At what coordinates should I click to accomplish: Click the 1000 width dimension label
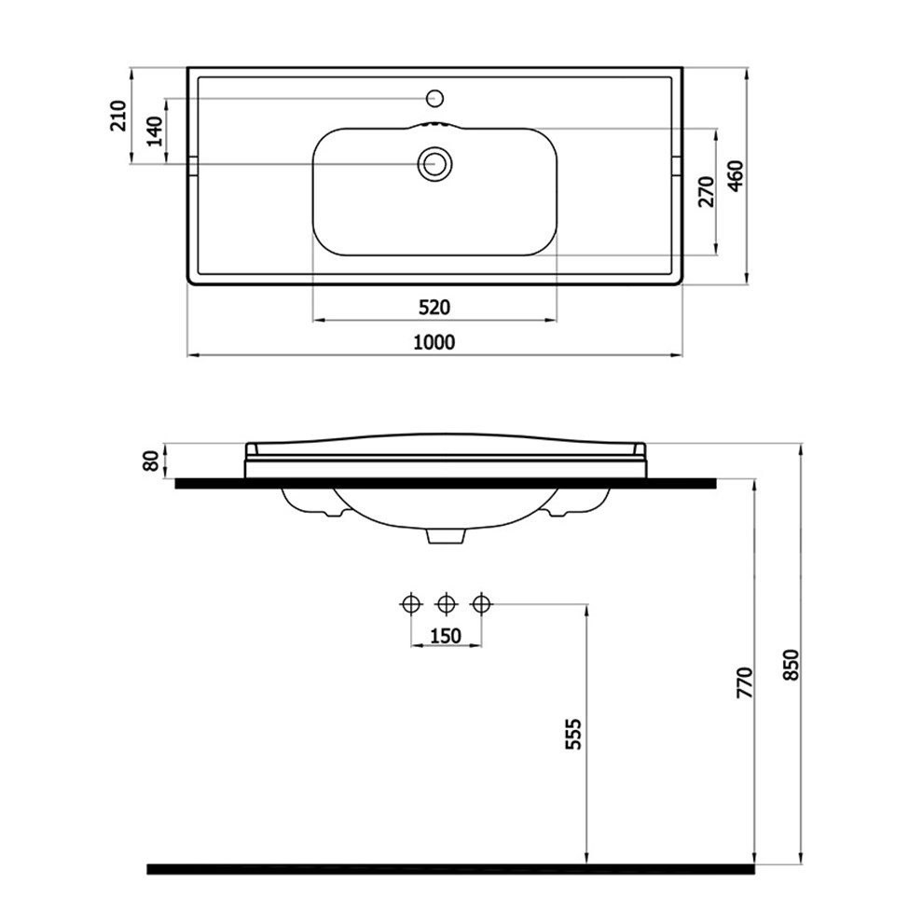434,342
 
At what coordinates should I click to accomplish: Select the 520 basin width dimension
434,307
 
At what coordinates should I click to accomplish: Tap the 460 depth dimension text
736,176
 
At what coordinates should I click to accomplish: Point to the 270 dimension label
707,192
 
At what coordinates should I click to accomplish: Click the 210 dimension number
119,116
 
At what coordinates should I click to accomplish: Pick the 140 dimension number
154,131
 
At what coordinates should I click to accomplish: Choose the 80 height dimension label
151,461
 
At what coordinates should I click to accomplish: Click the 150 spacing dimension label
446,636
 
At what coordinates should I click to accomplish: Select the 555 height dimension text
572,734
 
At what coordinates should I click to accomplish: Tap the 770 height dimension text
745,682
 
